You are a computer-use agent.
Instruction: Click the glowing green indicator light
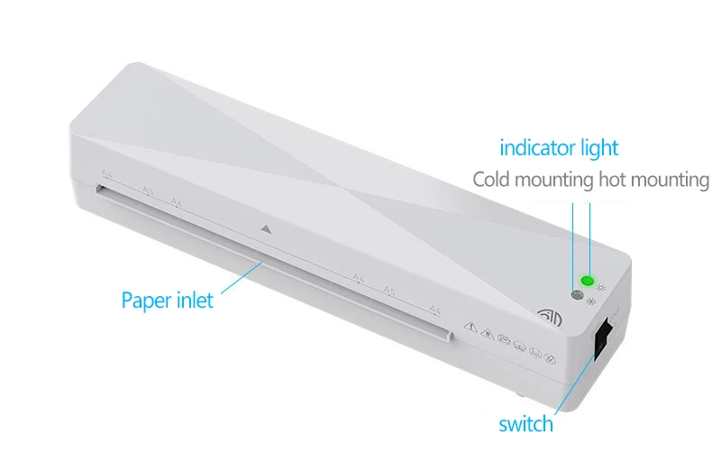(x=588, y=281)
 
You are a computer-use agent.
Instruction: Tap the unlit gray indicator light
(x=576, y=294)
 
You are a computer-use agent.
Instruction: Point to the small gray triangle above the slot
(x=266, y=229)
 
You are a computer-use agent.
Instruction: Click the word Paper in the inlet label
(x=145, y=300)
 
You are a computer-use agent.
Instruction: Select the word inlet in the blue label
(x=193, y=300)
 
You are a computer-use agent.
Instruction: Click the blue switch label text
(x=525, y=423)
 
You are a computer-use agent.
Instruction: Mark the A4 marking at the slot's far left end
(x=106, y=173)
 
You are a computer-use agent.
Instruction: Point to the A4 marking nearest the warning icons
(x=434, y=310)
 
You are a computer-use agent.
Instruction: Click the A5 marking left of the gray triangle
(x=148, y=190)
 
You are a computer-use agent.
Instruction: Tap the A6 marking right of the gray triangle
(x=359, y=278)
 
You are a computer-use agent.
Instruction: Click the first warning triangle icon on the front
(x=470, y=327)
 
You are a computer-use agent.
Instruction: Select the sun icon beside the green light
(x=601, y=286)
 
